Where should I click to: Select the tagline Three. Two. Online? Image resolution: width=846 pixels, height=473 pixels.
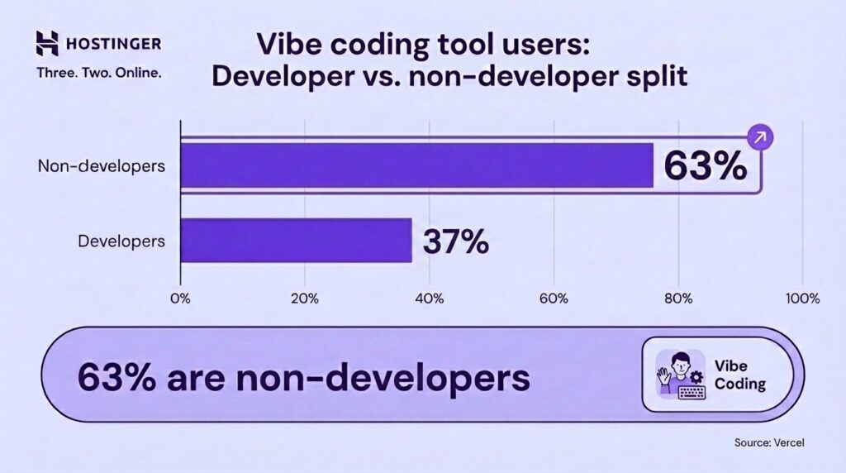pos(98,72)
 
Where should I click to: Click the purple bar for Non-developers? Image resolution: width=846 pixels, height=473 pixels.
pos(416,165)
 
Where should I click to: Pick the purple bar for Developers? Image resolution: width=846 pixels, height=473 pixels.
pos(296,241)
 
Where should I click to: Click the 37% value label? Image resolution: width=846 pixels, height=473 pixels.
pos(455,241)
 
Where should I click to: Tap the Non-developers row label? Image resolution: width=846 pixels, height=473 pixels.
pos(102,165)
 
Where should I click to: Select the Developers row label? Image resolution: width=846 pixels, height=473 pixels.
pos(121,241)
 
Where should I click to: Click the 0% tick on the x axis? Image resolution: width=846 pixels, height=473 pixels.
pos(180,299)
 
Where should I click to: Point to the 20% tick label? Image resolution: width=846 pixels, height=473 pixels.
pos(305,299)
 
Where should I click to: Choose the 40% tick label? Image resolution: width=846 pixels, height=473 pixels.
pos(430,299)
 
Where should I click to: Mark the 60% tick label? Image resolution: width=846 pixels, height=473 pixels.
pos(554,299)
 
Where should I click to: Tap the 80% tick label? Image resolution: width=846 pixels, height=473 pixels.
pos(678,299)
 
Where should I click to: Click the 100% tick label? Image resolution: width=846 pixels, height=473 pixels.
pos(802,299)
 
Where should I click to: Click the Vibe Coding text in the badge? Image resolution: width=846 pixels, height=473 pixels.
pos(740,375)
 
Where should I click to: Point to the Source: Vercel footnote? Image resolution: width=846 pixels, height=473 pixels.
pos(768,443)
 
